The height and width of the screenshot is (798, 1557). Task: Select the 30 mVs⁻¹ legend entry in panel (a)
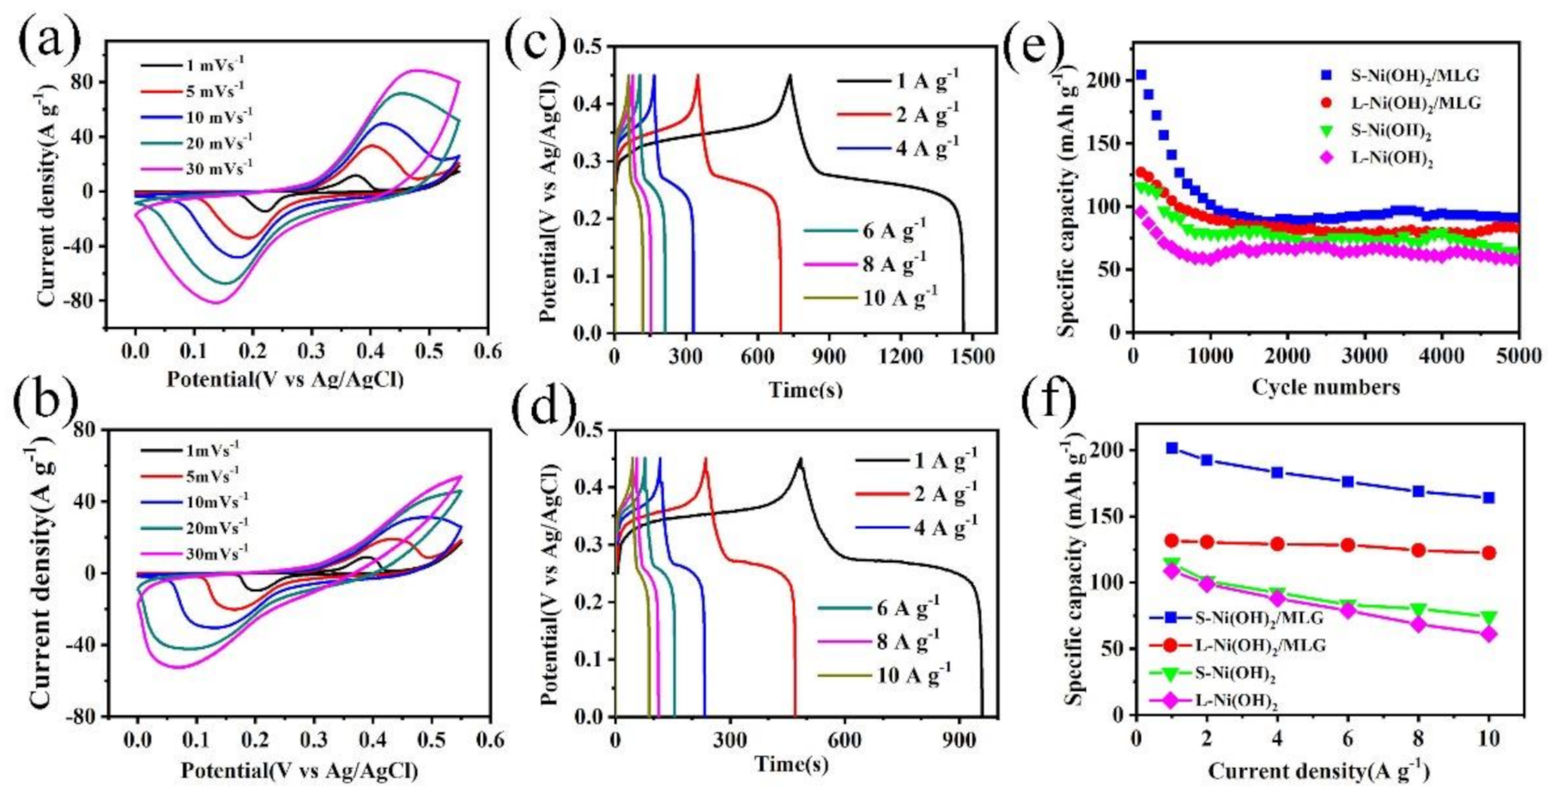coord(218,168)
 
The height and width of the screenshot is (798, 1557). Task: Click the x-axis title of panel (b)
coord(299,771)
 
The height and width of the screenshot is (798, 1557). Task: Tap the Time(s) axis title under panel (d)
coord(791,763)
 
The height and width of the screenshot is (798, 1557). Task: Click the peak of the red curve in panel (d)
coord(706,458)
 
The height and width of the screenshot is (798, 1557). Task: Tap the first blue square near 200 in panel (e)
coord(1141,76)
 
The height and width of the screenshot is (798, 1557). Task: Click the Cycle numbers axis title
coord(1325,387)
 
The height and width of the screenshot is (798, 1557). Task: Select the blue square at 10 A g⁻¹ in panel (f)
coord(1488,498)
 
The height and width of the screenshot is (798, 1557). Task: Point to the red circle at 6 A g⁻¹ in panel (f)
coord(1348,545)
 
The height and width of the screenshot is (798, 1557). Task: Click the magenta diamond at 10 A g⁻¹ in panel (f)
coord(1488,634)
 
